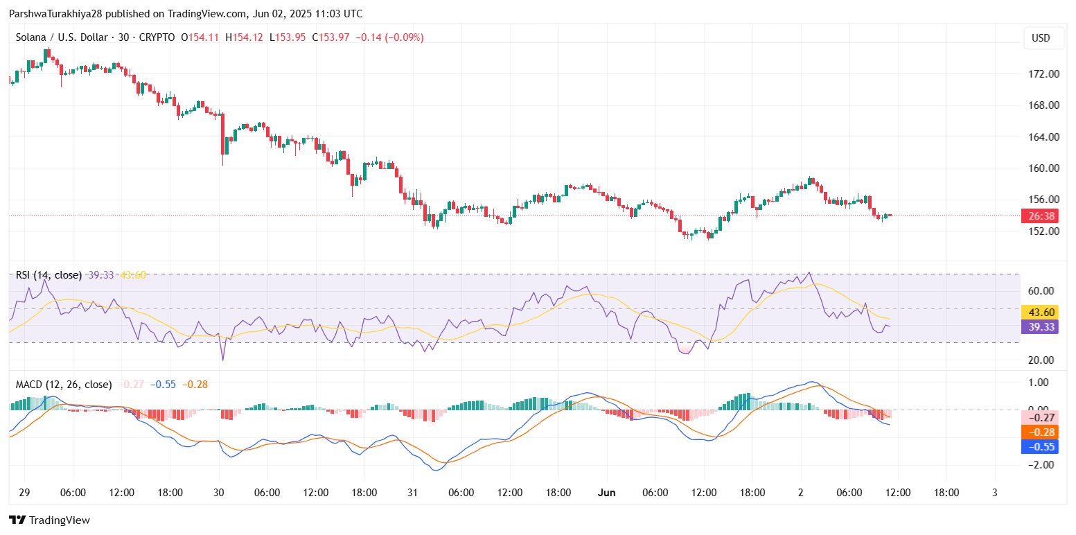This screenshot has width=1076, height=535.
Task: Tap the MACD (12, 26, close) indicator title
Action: coord(64,384)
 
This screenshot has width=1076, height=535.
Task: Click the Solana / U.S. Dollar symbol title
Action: coord(60,37)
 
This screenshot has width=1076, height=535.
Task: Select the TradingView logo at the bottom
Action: coord(49,520)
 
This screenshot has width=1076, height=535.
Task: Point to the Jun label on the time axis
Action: coord(606,493)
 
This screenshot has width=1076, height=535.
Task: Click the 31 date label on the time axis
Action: coord(412,493)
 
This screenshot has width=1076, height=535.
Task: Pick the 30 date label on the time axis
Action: coord(219,493)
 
